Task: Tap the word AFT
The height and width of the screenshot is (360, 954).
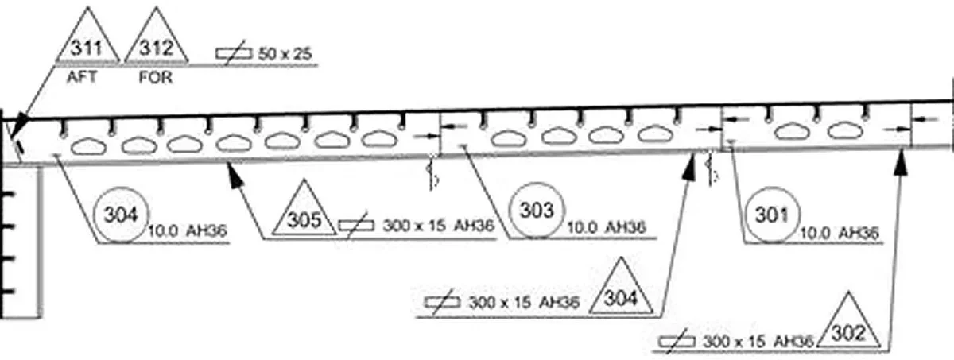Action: click(x=82, y=77)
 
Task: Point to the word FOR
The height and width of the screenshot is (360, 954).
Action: click(x=156, y=77)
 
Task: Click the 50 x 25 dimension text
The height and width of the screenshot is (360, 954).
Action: click(x=285, y=53)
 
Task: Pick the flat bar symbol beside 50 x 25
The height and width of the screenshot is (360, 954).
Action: click(x=234, y=52)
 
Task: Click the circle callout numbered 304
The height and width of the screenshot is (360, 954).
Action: click(x=122, y=215)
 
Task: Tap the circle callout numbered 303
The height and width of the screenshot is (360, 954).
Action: click(x=537, y=210)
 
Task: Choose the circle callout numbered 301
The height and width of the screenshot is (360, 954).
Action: click(x=773, y=215)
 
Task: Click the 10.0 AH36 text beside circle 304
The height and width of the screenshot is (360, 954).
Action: click(x=188, y=230)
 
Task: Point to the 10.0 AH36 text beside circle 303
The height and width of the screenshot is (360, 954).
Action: click(x=607, y=227)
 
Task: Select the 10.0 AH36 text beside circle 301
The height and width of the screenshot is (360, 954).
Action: click(x=840, y=233)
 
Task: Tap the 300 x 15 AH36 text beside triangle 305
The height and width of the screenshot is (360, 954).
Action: click(x=439, y=225)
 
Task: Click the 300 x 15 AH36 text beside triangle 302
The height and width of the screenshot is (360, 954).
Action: click(x=758, y=341)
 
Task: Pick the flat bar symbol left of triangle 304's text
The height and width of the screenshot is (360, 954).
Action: click(x=443, y=302)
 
